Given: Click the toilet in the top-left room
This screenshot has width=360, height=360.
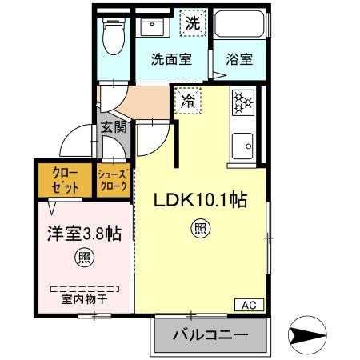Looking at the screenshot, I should pos(114,35).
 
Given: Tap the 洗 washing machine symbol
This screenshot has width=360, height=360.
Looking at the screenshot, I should pos(191,24).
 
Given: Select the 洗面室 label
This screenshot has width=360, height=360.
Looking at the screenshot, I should pos(171,59).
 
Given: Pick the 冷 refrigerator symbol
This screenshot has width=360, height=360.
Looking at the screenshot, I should pos(187,102).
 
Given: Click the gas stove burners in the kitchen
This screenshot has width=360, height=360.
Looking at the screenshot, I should pos(242,103).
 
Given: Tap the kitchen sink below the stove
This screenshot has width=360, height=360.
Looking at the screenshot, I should pos(242,145).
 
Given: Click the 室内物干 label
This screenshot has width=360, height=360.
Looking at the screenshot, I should pos(83,300).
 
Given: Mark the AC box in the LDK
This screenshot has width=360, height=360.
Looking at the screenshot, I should pos(248,304).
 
